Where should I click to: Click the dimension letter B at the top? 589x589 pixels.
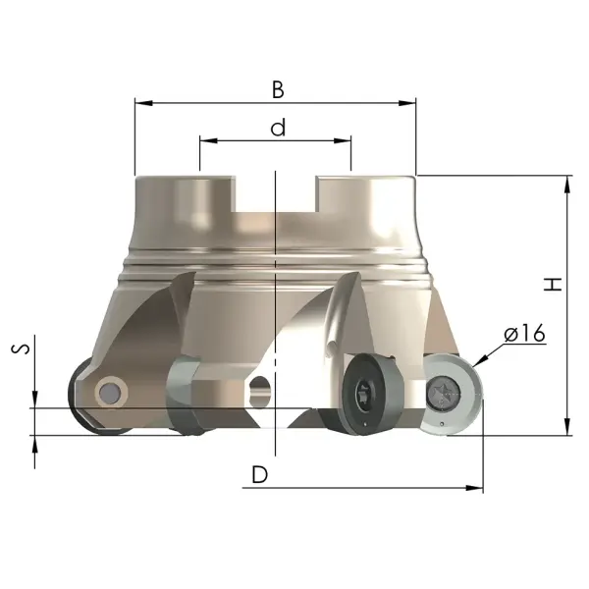(x=278, y=90)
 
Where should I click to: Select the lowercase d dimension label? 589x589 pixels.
(x=278, y=128)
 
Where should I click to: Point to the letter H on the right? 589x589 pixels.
(x=553, y=285)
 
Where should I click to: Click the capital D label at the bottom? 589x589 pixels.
(x=259, y=474)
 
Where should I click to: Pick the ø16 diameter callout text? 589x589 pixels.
(x=524, y=333)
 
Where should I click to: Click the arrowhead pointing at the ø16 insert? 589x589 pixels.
(x=480, y=361)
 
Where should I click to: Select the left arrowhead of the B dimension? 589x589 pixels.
(x=143, y=102)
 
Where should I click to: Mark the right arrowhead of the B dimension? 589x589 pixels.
(x=407, y=102)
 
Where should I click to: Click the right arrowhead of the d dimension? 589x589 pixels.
(x=343, y=140)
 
